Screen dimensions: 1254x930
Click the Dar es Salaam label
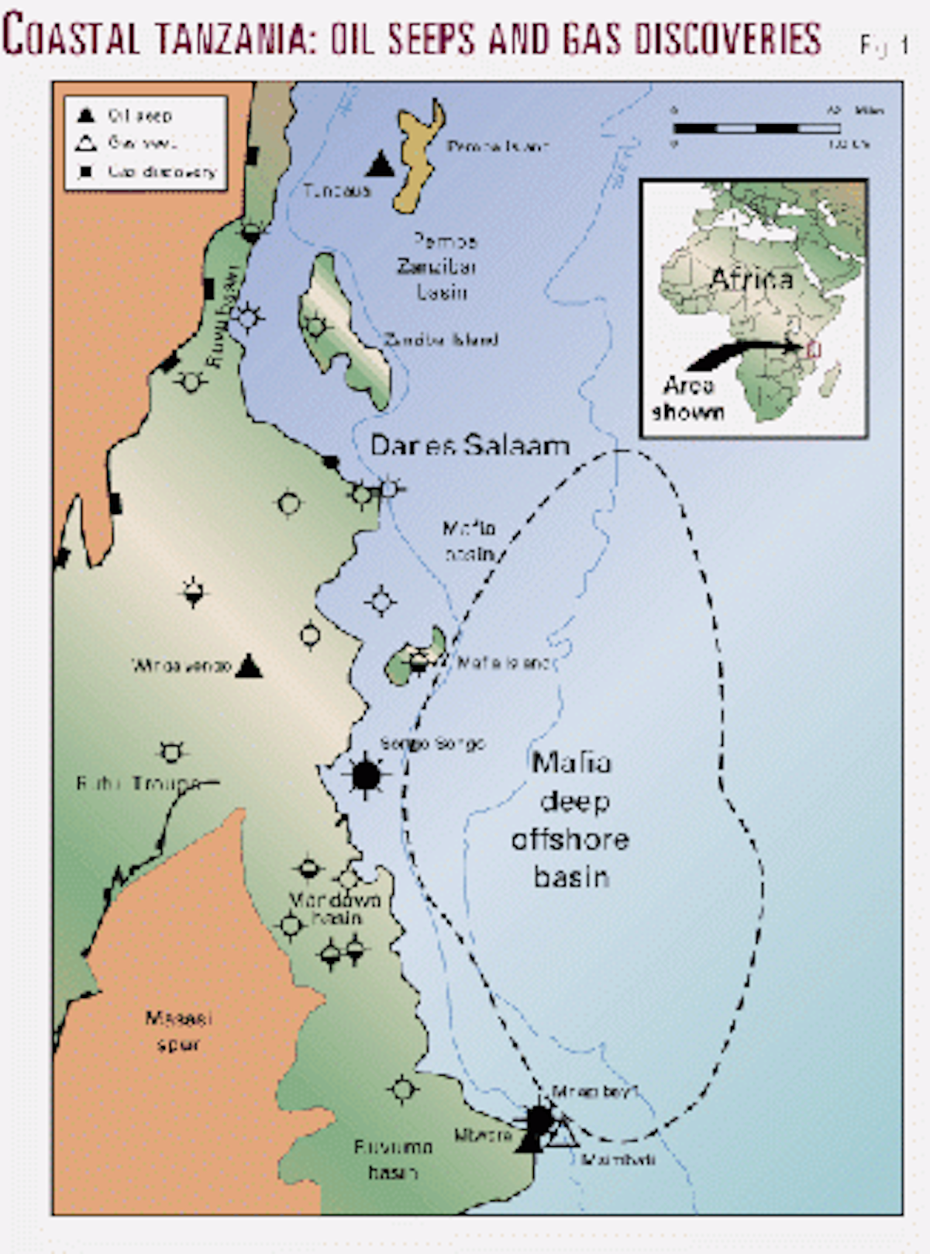click(470, 445)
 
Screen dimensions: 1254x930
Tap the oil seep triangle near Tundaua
click(380, 165)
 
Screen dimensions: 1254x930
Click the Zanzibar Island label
click(441, 339)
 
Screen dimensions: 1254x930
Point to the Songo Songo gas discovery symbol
click(366, 774)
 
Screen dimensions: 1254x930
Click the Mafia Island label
click(502, 663)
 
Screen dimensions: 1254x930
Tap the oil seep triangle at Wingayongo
click(249, 666)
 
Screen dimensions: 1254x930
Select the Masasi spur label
click(178, 1031)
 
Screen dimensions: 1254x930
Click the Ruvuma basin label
click(392, 1159)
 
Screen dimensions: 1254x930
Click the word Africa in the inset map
click(751, 278)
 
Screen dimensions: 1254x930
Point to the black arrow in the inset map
click(744, 353)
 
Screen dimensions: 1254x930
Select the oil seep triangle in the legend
click(86, 116)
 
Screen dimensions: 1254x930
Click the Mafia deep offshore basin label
click(570, 820)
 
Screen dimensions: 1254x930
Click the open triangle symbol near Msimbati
click(563, 1133)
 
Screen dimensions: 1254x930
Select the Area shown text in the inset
click(688, 399)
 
